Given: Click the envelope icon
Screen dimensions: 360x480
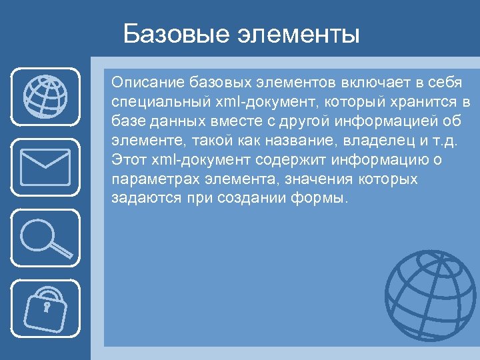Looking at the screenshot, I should point(45,166).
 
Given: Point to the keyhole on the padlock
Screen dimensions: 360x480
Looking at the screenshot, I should point(47,307).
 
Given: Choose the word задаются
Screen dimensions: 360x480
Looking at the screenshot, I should point(141,199).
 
